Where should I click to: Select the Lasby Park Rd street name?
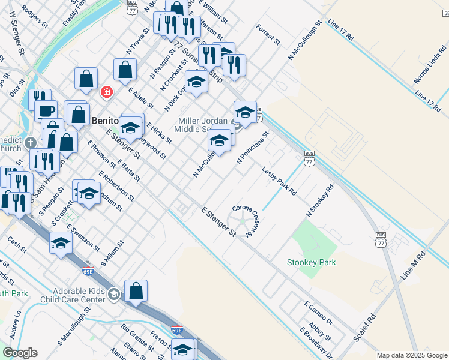click(x=279, y=182)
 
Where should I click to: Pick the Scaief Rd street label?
click(x=364, y=327)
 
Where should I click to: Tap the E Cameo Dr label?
click(x=318, y=313)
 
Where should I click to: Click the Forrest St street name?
click(x=268, y=35)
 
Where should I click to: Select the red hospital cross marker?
click(x=106, y=92)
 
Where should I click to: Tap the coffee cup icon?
click(x=45, y=110)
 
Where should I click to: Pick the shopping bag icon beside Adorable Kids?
click(x=136, y=290)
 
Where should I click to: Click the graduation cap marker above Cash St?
click(x=61, y=242)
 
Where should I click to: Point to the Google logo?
click(x=20, y=353)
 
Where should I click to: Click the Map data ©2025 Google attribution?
click(x=412, y=355)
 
